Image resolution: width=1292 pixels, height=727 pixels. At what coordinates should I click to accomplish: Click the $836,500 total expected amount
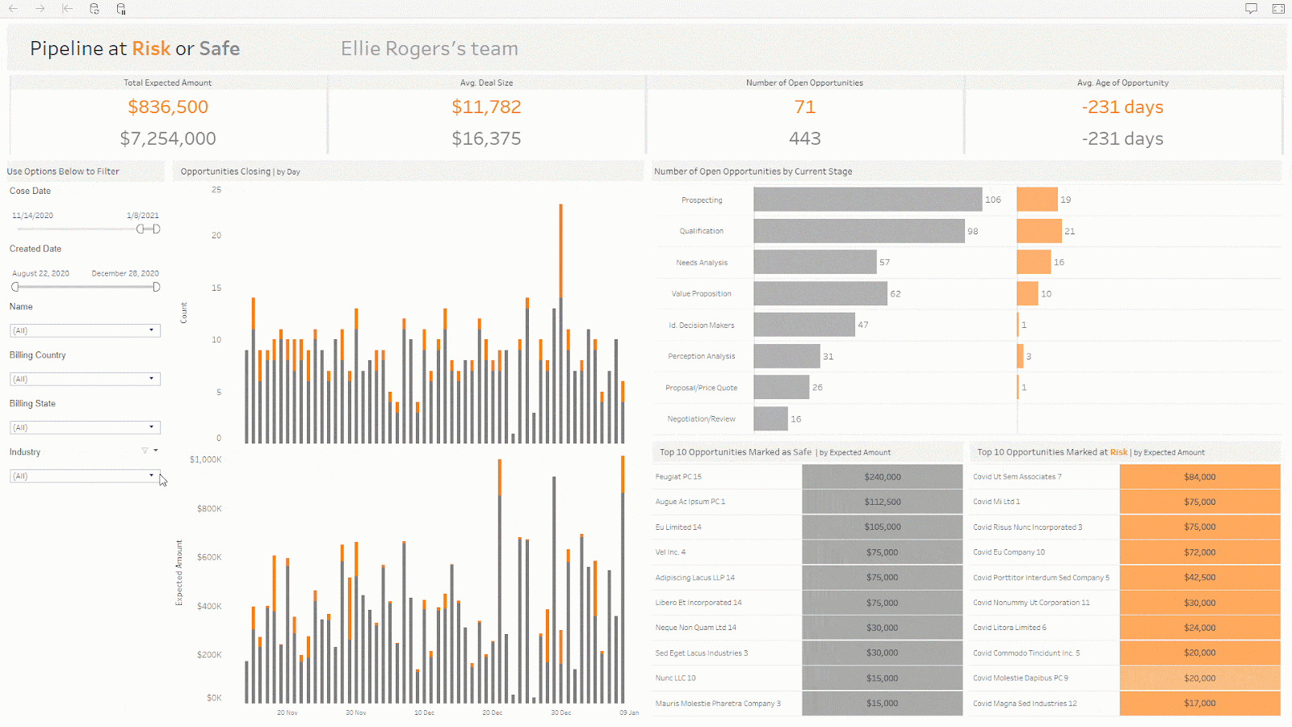(168, 107)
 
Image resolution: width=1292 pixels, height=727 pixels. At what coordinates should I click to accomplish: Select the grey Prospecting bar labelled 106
(867, 199)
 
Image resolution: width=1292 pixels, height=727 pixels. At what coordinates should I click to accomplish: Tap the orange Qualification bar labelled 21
(1038, 231)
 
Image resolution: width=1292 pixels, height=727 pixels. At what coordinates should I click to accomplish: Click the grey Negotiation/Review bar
(770, 418)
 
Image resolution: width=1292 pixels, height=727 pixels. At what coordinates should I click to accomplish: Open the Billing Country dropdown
(85, 379)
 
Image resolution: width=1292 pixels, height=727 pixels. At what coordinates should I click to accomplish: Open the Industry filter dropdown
(85, 476)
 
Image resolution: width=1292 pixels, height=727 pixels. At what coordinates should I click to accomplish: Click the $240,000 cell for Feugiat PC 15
(882, 477)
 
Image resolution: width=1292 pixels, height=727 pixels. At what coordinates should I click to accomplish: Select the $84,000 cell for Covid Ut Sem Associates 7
(1200, 477)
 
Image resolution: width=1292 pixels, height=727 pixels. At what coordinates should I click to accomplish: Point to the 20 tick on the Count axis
(216, 235)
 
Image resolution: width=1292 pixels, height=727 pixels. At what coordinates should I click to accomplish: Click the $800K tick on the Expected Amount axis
(209, 508)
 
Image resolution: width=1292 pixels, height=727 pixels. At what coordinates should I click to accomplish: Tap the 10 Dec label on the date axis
(424, 712)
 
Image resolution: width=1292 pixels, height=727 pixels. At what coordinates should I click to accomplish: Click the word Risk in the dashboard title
(151, 48)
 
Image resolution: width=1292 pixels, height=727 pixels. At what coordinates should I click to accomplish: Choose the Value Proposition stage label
(701, 294)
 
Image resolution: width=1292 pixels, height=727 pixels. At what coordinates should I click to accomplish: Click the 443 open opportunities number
(804, 138)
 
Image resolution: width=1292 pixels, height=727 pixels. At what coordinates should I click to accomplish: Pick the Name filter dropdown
(85, 330)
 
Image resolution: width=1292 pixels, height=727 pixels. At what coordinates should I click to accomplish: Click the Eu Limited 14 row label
(678, 527)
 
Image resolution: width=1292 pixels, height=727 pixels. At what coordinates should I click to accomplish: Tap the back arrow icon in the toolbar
(13, 9)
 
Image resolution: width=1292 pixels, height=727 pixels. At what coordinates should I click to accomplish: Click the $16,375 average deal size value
(486, 138)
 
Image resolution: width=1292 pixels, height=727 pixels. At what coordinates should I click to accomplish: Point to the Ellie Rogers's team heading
(429, 48)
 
